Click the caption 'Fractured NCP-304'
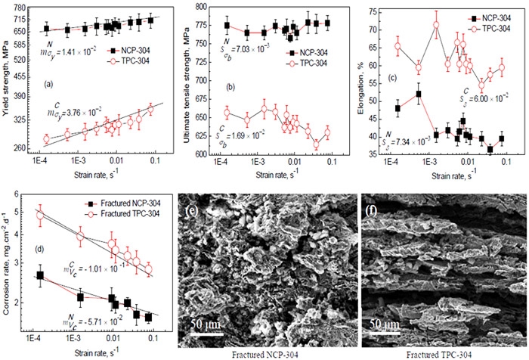(x=266, y=352)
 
